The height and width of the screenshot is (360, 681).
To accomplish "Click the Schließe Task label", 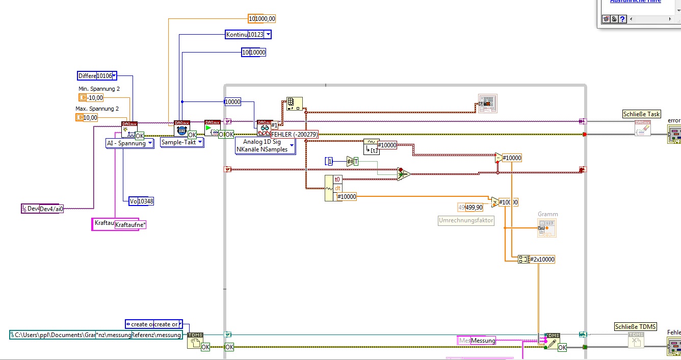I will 641,114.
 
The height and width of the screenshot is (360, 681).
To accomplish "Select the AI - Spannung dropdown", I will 129,143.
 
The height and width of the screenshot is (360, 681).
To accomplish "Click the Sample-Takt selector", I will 182,142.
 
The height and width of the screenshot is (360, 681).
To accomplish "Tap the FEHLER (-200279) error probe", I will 294,135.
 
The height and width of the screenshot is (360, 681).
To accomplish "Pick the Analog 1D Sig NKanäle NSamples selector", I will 265,145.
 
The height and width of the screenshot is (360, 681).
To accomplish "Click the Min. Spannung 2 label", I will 99,89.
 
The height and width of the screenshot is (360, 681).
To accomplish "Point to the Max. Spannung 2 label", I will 97,109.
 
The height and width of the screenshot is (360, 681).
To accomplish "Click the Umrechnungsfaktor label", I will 466,220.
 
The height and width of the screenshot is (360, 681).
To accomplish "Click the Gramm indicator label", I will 547,214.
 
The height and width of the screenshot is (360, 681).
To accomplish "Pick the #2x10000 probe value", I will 542,259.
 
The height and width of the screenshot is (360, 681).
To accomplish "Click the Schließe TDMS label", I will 636,327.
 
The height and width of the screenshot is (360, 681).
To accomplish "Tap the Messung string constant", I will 482,340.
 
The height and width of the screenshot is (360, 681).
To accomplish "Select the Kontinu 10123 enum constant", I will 248,34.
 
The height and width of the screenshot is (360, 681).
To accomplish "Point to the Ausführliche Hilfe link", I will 635,2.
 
